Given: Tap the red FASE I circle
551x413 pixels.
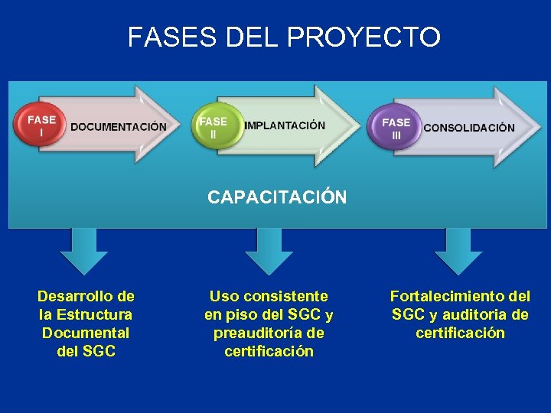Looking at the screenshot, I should click(41, 125).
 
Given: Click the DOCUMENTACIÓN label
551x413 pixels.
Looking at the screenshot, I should click(119, 126).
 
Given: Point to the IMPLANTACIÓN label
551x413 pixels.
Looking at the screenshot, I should click(285, 125).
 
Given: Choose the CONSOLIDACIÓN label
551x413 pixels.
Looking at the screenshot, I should click(468, 128).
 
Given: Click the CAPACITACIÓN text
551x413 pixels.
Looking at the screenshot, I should click(277, 198).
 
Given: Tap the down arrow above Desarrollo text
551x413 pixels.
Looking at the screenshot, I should click(83, 251).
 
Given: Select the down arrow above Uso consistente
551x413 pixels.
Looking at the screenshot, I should click(269, 251).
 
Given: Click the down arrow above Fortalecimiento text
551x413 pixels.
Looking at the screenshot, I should click(458, 251).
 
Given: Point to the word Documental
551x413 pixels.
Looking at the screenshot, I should click(86, 333).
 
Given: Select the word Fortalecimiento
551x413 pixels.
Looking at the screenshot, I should click(447, 296).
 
